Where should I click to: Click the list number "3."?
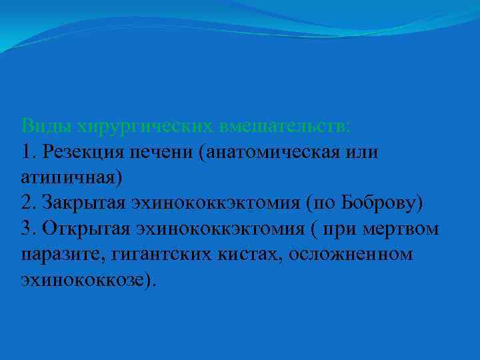pyautogui.click(x=29, y=229)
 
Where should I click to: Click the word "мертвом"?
pyautogui.click(x=400, y=229)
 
